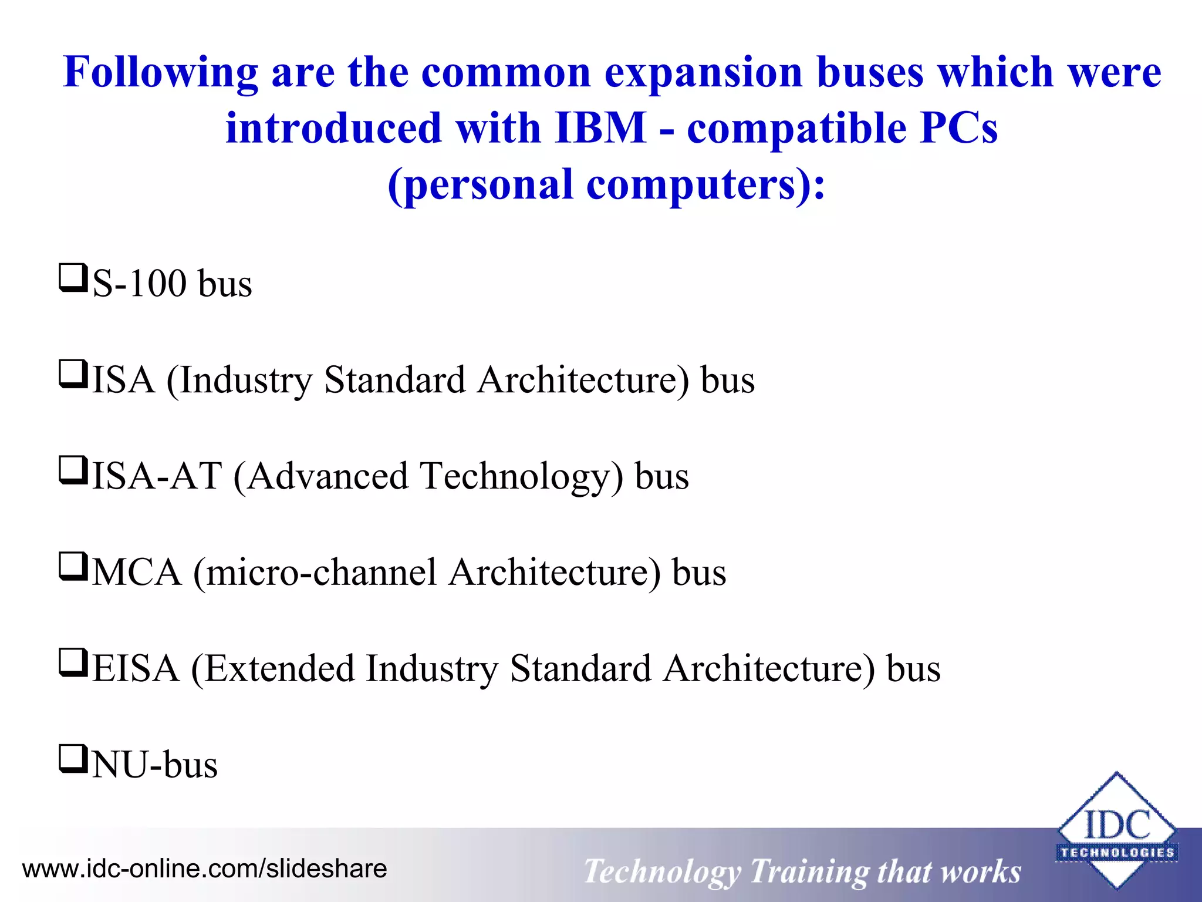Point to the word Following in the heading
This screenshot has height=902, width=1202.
pyautogui.click(x=160, y=73)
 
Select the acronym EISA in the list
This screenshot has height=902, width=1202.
pyautogui.click(x=136, y=669)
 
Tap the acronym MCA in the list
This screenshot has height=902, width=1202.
pyautogui.click(x=137, y=573)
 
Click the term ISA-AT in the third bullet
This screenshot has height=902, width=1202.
pyautogui.click(x=157, y=476)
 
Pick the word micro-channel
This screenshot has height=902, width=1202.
pyautogui.click(x=321, y=573)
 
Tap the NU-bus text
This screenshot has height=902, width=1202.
pyautogui.click(x=155, y=765)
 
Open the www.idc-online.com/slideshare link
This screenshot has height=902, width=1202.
pyautogui.click(x=205, y=869)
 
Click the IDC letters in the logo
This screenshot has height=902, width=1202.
pyautogui.click(x=1116, y=826)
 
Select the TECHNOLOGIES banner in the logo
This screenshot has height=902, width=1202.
pyautogui.click(x=1116, y=853)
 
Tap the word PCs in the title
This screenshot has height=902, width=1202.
pyautogui.click(x=958, y=127)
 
